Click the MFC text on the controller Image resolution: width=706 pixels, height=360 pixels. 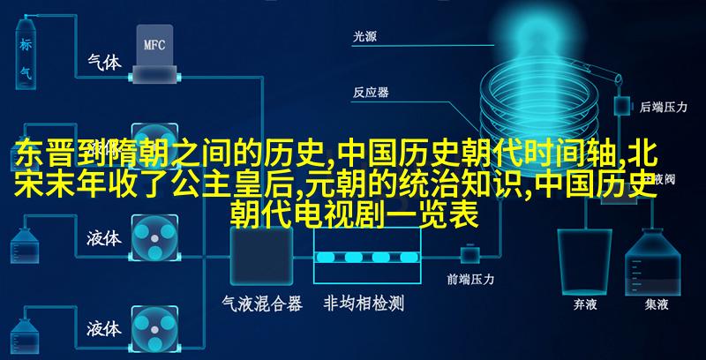point(154,45)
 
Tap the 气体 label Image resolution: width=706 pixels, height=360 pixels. point(104,62)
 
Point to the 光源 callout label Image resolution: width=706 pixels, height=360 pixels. point(364,37)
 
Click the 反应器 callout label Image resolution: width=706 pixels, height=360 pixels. point(371,94)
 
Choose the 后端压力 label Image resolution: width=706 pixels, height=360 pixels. point(664,107)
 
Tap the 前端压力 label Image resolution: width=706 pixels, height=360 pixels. point(470,280)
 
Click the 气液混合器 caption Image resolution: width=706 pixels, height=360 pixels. point(262,304)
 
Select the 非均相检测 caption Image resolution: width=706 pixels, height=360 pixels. point(364,304)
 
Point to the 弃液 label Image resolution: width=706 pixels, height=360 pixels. point(585,305)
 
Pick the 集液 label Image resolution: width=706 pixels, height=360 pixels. point(656,305)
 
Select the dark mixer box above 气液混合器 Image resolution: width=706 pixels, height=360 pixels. point(261,256)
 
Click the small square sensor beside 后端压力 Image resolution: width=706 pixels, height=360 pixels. point(622,106)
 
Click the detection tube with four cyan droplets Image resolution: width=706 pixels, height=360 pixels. point(367,257)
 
